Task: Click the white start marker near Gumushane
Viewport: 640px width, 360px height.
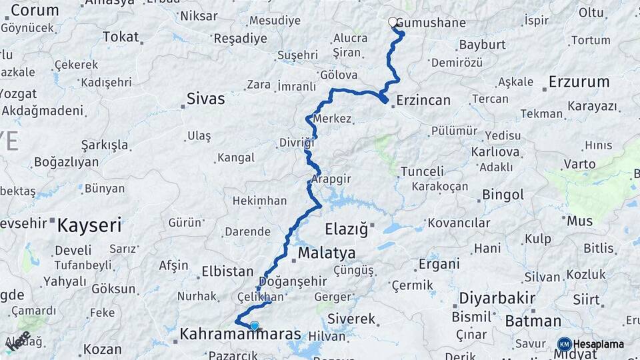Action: pyautogui.click(x=393, y=22)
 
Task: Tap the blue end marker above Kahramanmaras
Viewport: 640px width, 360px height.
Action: pyautogui.click(x=254, y=325)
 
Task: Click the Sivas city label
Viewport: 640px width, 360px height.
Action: pyautogui.click(x=205, y=99)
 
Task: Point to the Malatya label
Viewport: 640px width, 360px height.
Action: pyautogui.click(x=327, y=253)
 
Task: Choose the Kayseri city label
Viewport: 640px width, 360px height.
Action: pyautogui.click(x=89, y=225)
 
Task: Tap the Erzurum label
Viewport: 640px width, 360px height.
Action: pyautogui.click(x=579, y=82)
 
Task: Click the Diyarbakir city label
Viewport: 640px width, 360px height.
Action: pyautogui.click(x=497, y=298)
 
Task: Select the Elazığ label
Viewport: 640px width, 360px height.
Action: pyautogui.click(x=346, y=230)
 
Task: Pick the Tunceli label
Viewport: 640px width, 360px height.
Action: pyautogui.click(x=422, y=172)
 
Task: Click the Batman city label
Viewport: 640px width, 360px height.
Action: pyautogui.click(x=533, y=321)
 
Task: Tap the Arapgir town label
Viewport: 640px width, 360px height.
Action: pyautogui.click(x=331, y=179)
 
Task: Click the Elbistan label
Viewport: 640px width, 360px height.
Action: pyautogui.click(x=227, y=272)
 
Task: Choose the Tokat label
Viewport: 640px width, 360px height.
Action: pyautogui.click(x=121, y=37)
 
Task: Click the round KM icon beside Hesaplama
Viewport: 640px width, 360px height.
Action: pyautogui.click(x=564, y=344)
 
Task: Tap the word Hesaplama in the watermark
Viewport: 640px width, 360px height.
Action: pyautogui.click(x=599, y=344)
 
